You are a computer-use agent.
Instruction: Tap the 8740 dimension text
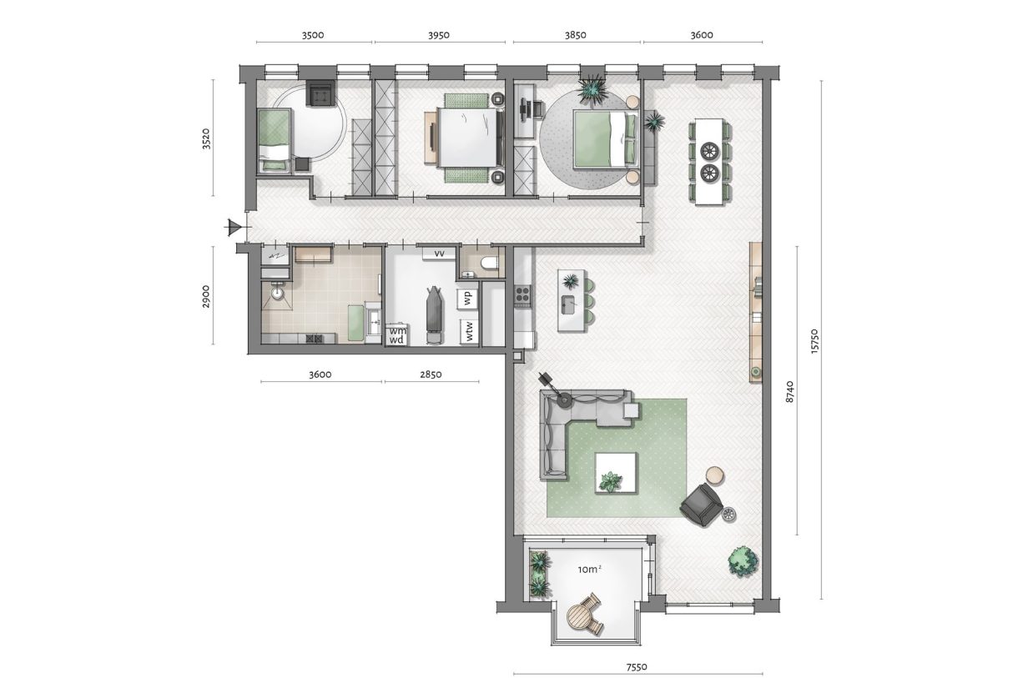[789, 391]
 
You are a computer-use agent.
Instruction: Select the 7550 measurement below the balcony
[638, 666]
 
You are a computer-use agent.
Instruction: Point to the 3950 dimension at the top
[439, 35]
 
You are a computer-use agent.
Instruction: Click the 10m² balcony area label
[589, 570]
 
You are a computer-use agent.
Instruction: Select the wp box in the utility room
[468, 297]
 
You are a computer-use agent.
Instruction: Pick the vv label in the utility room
[439, 253]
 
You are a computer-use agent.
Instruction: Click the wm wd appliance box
[396, 335]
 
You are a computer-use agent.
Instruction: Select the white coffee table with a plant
[616, 472]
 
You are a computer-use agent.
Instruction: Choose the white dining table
[709, 162]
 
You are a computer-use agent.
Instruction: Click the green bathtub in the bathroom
[357, 323]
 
